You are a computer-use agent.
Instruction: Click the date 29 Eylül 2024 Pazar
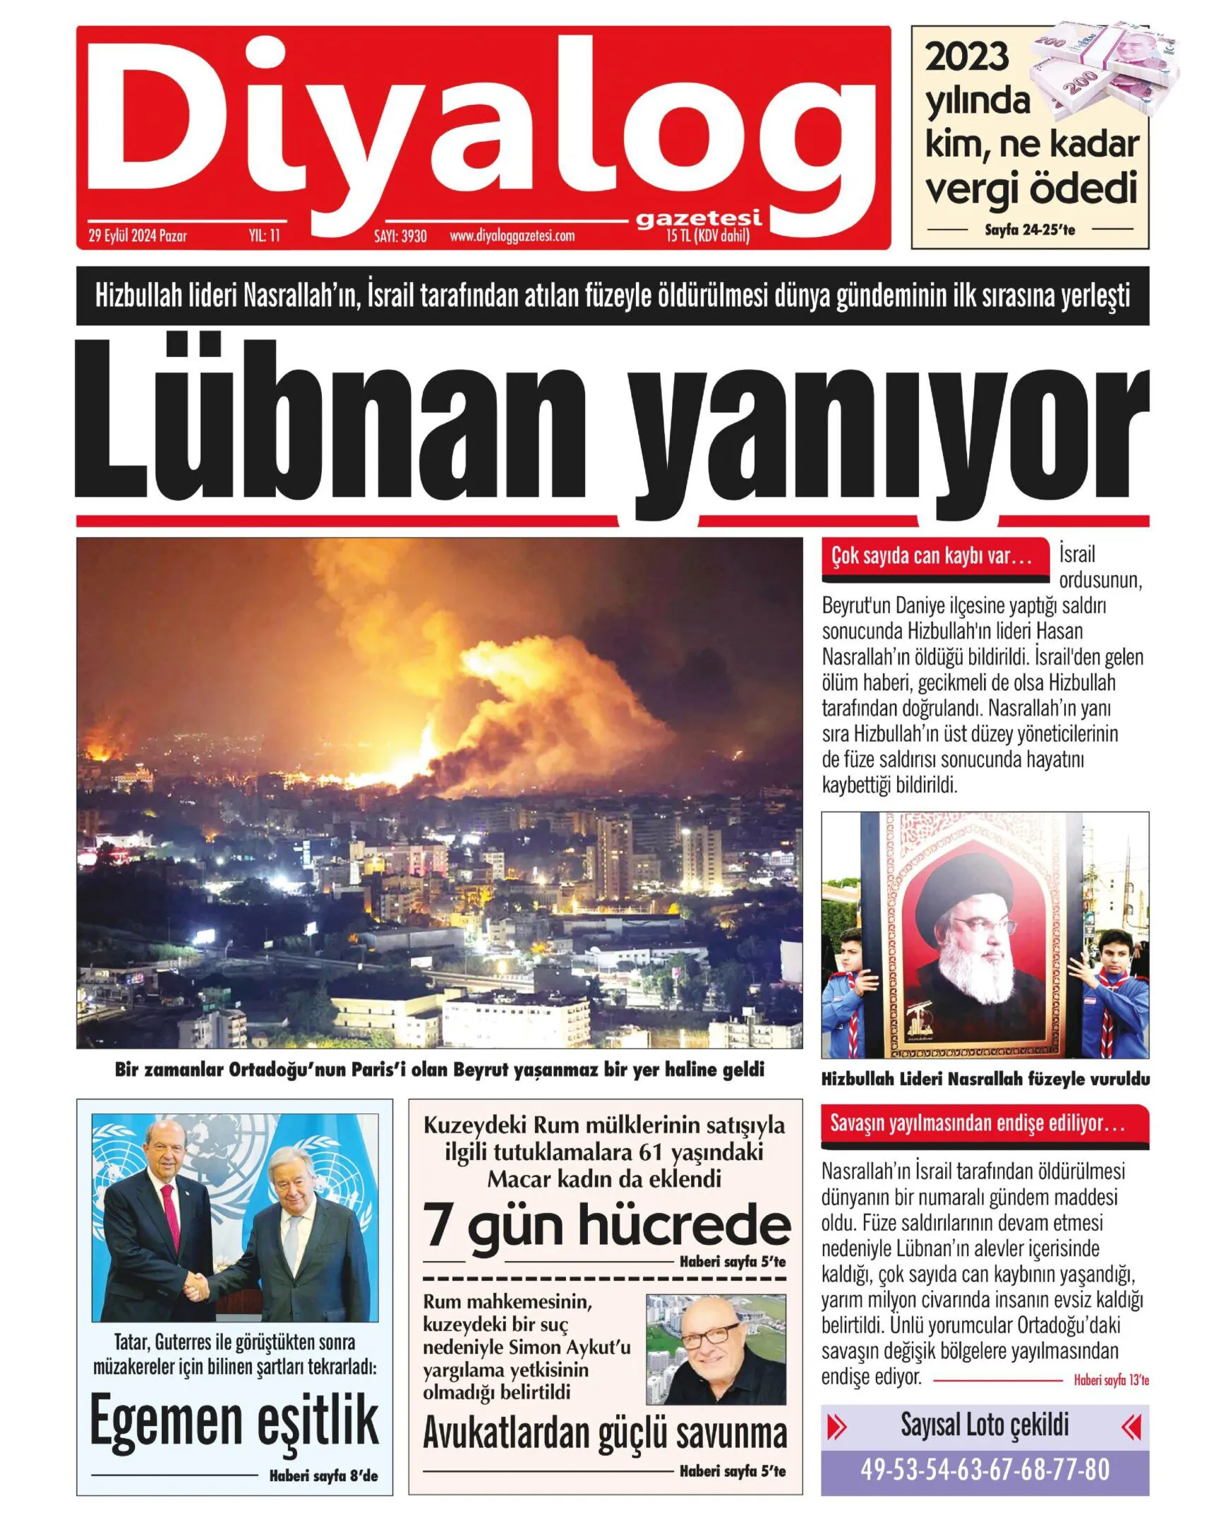click(x=138, y=236)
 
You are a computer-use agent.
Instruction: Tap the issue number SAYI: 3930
click(x=400, y=236)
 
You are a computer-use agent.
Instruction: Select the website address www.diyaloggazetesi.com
click(x=512, y=236)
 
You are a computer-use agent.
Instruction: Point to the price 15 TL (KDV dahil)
click(x=707, y=236)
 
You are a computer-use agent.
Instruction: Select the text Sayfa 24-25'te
click(x=1030, y=230)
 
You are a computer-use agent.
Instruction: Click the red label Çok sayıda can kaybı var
click(x=932, y=556)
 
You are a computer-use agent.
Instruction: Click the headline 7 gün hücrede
click(x=606, y=1225)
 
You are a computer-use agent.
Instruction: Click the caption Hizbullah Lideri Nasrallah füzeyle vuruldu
click(x=985, y=1080)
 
